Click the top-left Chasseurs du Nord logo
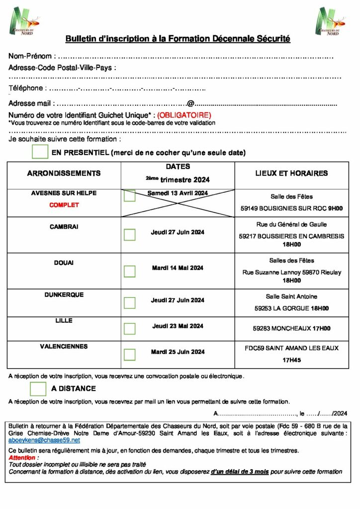pos(24,21)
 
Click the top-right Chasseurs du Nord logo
pos(330,21)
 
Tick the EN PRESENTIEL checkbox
pos(40,152)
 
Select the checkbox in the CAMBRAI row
pos(129,234)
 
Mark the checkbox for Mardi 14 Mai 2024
pos(129,271)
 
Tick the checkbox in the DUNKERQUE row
pos(129,303)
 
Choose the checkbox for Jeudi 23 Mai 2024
pos(129,329)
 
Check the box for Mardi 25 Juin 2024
pos(129,354)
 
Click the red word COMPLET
pos(64,205)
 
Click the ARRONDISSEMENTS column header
pos(64,173)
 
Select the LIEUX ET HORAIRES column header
pos(291,173)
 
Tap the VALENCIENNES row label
pos(64,346)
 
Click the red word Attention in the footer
pos(22,458)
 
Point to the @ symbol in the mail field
pos(190,104)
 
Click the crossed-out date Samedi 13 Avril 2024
pos(178,193)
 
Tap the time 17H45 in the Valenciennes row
pos(291,359)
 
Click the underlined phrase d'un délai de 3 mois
pos(239,471)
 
